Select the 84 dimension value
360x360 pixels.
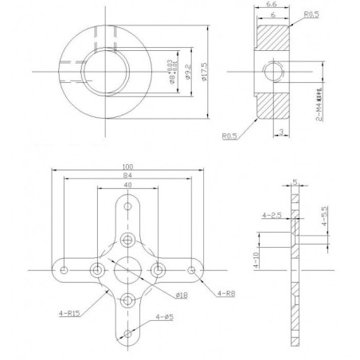click(x=127, y=176)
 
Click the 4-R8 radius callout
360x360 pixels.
click(x=225, y=295)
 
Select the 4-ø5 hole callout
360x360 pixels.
click(x=166, y=318)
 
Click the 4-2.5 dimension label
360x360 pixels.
click(x=272, y=215)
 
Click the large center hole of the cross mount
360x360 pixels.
click(x=127, y=272)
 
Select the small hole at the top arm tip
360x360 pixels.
click(x=127, y=205)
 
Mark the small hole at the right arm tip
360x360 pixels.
click(x=194, y=272)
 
